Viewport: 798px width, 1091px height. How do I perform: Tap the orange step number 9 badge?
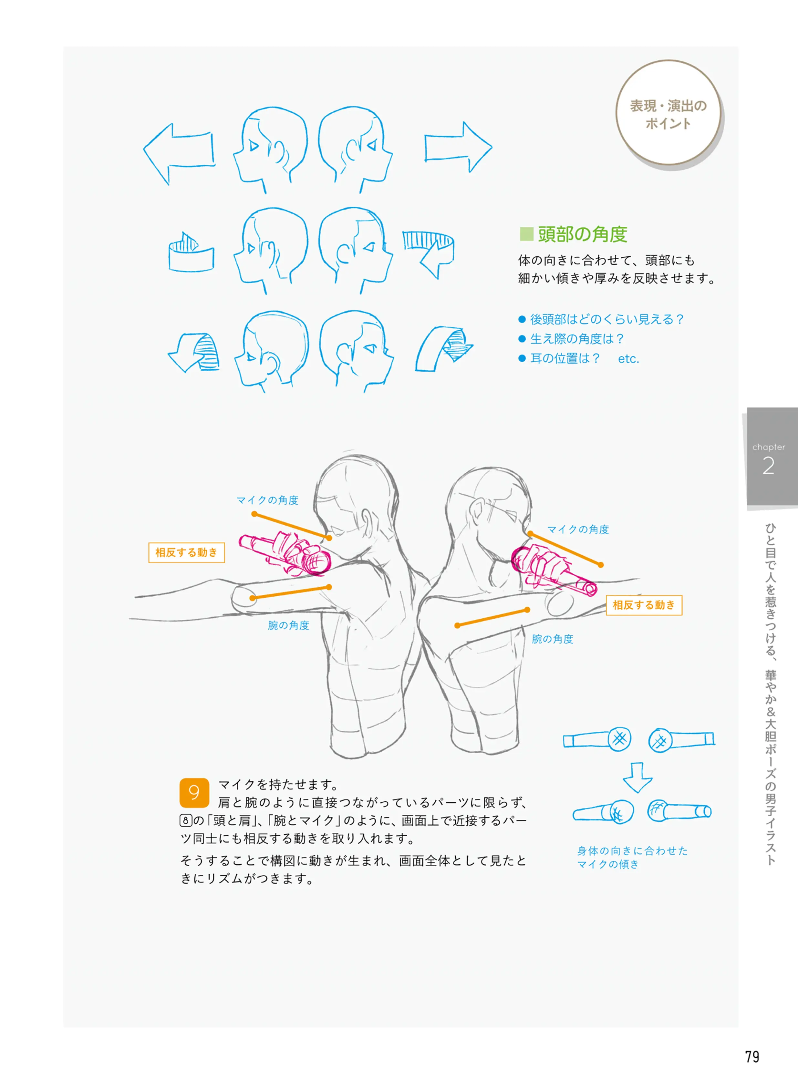pos(194,793)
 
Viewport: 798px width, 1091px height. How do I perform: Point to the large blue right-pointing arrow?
pos(458,147)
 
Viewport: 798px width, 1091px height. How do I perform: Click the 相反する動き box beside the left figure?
pos(186,552)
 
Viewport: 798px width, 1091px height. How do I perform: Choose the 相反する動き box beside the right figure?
pos(644,605)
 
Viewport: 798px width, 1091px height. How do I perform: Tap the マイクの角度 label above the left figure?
pos(267,500)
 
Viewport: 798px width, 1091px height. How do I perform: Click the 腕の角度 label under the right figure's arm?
pos(552,639)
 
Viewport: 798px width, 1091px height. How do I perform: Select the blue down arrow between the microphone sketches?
pos(637,777)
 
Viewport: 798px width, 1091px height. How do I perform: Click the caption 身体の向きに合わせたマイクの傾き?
pos(632,857)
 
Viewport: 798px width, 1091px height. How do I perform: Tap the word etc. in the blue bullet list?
pos(628,359)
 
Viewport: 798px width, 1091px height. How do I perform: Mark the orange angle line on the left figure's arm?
pos(290,592)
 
